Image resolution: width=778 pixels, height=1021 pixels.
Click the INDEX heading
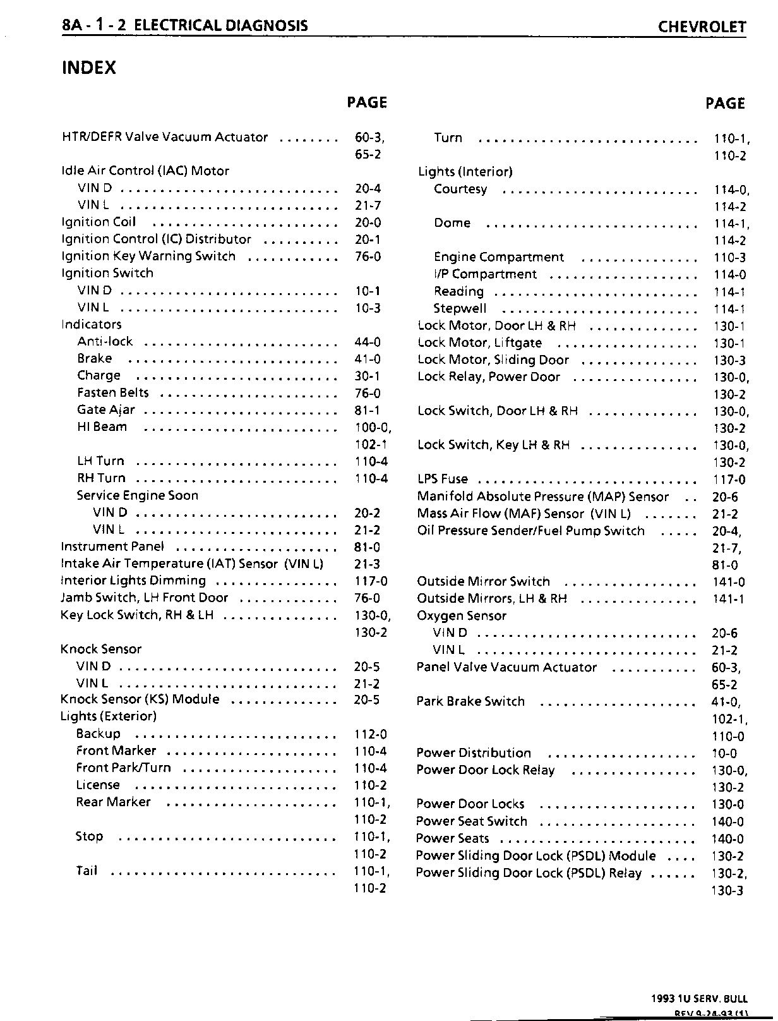(x=88, y=68)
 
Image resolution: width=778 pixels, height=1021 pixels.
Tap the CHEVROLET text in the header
(x=702, y=27)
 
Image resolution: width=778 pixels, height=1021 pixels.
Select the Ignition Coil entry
(x=99, y=222)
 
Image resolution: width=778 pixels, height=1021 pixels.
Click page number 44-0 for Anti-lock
(x=368, y=342)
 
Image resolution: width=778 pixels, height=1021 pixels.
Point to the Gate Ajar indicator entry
(x=106, y=410)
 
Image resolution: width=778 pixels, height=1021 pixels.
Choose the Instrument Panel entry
(x=112, y=547)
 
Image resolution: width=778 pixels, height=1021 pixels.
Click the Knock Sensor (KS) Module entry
(x=140, y=699)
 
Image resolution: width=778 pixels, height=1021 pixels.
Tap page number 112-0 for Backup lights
(x=371, y=734)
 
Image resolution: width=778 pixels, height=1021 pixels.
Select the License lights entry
(x=98, y=785)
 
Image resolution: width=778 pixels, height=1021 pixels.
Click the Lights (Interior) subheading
(x=465, y=172)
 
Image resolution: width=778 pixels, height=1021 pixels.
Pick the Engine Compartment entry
(x=499, y=257)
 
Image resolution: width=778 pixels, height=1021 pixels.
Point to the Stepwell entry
(x=460, y=308)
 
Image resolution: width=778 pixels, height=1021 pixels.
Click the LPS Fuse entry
(x=443, y=479)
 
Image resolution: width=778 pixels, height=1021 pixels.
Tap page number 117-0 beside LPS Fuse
(x=729, y=480)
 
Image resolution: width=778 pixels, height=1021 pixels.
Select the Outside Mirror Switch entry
(x=483, y=581)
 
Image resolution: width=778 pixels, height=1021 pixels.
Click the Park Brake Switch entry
(x=470, y=701)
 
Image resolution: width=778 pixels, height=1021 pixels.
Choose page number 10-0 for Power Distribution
(x=724, y=754)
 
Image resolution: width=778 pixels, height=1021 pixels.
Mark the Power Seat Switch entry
(x=471, y=821)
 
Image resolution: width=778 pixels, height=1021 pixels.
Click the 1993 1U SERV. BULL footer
(x=699, y=999)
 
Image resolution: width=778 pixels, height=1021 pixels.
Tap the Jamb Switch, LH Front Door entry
(x=144, y=598)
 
